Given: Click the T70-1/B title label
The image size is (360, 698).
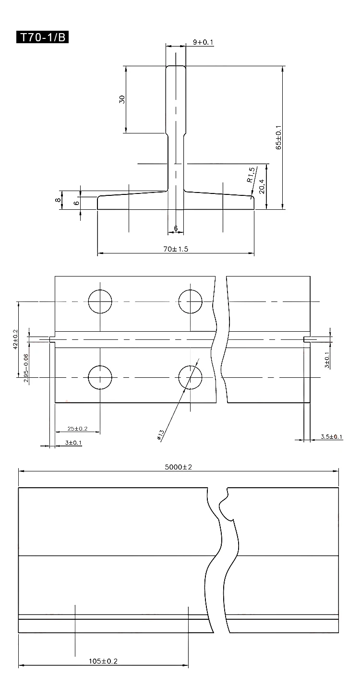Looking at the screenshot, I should point(43,37).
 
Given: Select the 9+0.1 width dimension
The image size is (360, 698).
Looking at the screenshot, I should point(203,42).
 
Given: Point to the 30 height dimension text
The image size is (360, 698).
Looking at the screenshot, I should point(122,99).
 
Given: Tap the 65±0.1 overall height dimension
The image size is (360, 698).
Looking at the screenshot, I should point(278,138).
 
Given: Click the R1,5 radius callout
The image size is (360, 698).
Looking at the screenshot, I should point(251,175).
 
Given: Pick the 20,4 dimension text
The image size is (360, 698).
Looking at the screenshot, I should point(262,185).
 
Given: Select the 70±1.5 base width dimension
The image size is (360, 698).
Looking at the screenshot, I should point(175,249).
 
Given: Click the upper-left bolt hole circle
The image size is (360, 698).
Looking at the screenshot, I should point(100,301).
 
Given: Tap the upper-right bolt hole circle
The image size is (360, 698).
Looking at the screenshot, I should point(190,301).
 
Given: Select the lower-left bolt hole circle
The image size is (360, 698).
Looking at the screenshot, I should point(100,377).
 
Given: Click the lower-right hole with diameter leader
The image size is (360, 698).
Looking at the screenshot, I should point(190,377).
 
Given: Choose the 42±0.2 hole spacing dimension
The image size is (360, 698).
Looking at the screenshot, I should point(15,339).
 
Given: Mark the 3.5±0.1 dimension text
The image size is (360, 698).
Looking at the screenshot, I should point(332,437).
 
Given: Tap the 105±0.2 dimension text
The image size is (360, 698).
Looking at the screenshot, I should point(103,661).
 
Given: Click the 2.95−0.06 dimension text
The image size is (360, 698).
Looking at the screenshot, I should point(25,367).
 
